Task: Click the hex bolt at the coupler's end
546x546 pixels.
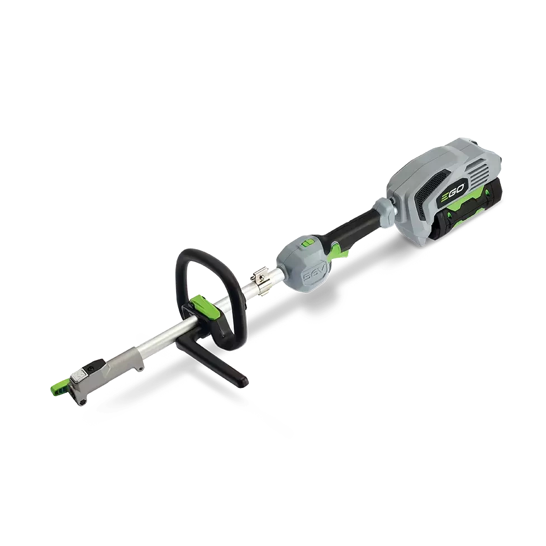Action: (x=83, y=402)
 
